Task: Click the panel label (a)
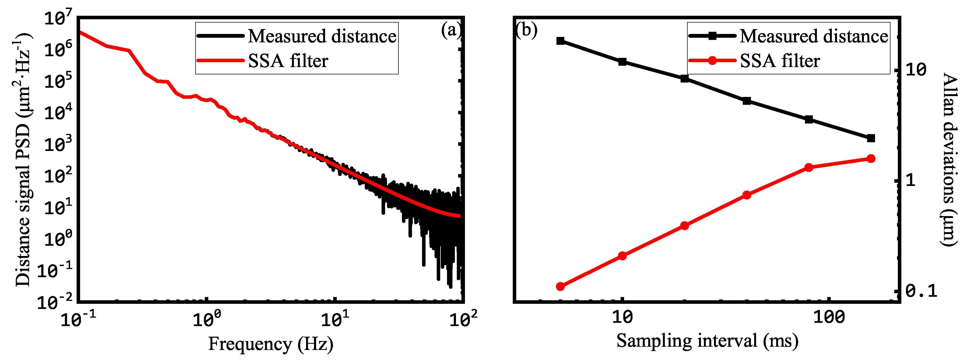click(451, 30)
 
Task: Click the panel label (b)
click(527, 30)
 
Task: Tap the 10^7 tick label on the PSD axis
click(56, 18)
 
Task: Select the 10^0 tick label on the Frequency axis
click(207, 320)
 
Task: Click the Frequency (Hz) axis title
click(271, 343)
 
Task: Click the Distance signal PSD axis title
click(23, 159)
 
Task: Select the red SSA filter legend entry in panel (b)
click(780, 61)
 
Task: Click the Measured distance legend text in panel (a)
click(322, 36)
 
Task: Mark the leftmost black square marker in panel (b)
click(560, 41)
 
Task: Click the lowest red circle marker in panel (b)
click(560, 286)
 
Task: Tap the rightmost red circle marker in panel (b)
click(871, 159)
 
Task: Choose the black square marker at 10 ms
click(622, 62)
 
